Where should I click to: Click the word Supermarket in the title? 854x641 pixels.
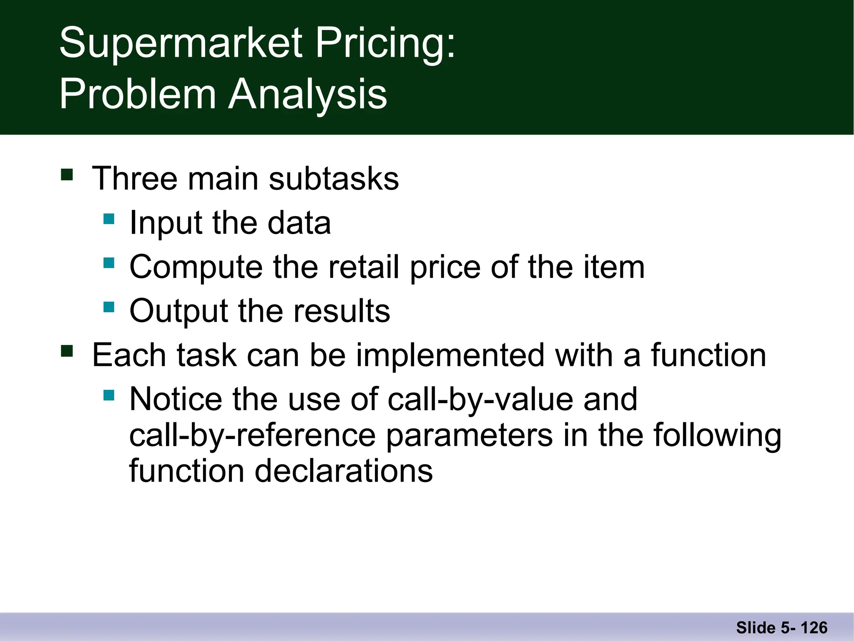tap(181, 43)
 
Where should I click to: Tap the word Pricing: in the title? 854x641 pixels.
tap(385, 43)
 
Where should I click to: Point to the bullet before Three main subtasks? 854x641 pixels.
tap(67, 174)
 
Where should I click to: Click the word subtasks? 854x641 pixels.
tap(334, 179)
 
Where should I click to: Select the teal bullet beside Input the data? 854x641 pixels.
tap(109, 219)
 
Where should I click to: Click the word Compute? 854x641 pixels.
tap(196, 268)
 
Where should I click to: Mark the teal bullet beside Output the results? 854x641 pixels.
tap(109, 307)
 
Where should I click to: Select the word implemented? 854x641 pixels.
tap(450, 355)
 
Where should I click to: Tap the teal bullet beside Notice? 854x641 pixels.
tap(109, 395)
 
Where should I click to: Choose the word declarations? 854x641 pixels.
tap(344, 471)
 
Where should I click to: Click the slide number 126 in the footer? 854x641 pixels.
tap(814, 628)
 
